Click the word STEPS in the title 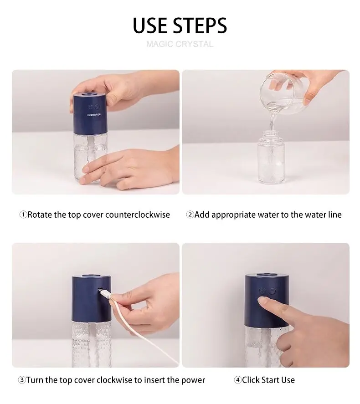point(200,26)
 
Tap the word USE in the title point(150,26)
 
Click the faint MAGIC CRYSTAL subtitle point(180,44)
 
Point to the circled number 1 point(23,215)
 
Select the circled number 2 point(190,215)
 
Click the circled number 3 point(22,380)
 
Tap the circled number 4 point(237,380)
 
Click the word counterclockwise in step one point(138,215)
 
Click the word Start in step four point(268,380)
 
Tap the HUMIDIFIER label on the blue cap point(94,115)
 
